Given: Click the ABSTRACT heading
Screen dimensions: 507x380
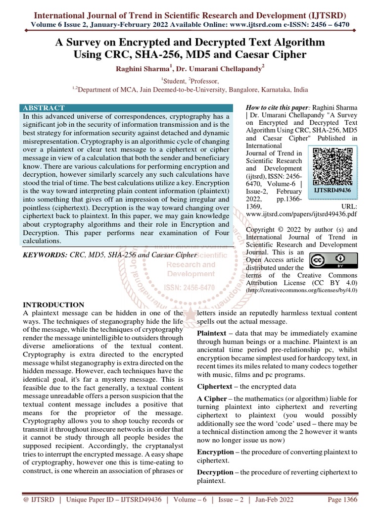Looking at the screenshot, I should pos(44,108).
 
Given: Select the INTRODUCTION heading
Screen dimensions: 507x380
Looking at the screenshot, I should pos(53,304).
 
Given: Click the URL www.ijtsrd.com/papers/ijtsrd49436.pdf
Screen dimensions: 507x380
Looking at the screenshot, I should pos(301,216).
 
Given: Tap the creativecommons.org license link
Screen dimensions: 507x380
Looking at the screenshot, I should pos(302,290).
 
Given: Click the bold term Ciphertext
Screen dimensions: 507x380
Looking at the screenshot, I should pos(215,386).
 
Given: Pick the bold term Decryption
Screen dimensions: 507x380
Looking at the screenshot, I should pos(215,472).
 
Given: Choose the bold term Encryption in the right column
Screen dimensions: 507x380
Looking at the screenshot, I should pos(215,452).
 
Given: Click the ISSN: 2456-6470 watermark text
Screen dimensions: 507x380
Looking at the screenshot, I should pos(190,288).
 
